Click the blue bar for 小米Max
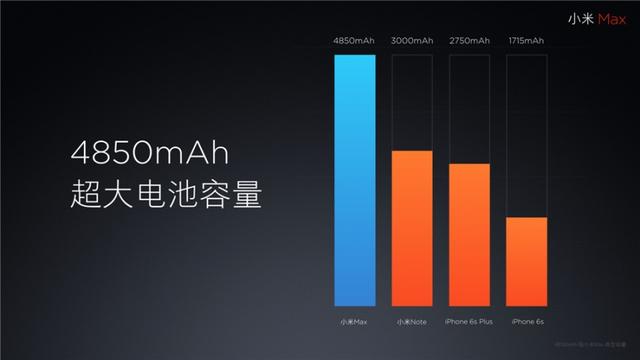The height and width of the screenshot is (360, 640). (355, 180)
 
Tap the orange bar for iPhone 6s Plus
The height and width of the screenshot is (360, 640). (469, 234)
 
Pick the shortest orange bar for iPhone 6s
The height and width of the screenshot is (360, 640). (526, 261)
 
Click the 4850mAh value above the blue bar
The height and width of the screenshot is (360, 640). (355, 41)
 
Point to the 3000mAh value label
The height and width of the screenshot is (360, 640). (412, 41)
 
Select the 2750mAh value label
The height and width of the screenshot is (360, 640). (469, 41)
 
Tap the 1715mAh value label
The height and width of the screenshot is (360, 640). (526, 41)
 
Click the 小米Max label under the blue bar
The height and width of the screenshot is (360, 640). (355, 321)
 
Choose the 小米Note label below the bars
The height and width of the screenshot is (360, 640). (412, 321)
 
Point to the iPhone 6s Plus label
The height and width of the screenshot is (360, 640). (469, 321)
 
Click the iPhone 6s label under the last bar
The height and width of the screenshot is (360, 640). (526, 321)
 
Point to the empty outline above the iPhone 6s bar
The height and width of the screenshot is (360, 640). (526, 135)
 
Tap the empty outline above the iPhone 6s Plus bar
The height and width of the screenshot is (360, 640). (469, 108)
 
